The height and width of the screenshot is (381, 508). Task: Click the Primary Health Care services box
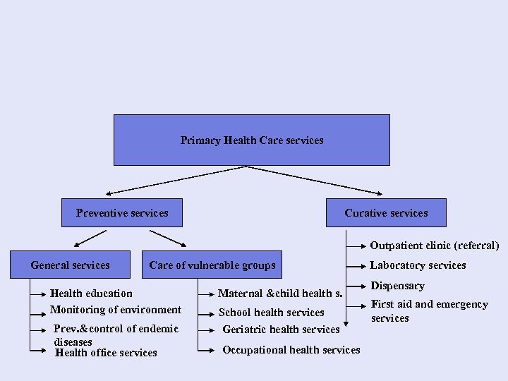252,140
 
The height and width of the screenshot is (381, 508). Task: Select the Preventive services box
122,213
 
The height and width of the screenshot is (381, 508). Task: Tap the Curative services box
386,213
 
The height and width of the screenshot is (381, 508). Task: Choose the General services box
71,265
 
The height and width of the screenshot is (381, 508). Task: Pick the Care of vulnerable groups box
212,265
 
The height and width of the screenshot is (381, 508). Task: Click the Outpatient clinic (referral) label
435,246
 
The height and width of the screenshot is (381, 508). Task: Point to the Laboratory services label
418,265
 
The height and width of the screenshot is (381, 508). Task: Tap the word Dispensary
397,286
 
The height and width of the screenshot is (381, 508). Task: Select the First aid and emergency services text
430,311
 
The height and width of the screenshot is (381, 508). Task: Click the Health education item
91,293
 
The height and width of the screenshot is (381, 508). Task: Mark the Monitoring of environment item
116,310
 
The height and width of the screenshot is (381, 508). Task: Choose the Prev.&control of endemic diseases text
116,334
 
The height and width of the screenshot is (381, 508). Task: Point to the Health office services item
106,353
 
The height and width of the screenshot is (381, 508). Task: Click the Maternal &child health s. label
280,294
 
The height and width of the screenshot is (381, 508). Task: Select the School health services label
272,313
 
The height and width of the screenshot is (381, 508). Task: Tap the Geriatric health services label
281,329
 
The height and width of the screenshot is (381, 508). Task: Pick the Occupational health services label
291,350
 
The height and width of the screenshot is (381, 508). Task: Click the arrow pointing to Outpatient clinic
356,246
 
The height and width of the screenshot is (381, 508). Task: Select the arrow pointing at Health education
39,293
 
